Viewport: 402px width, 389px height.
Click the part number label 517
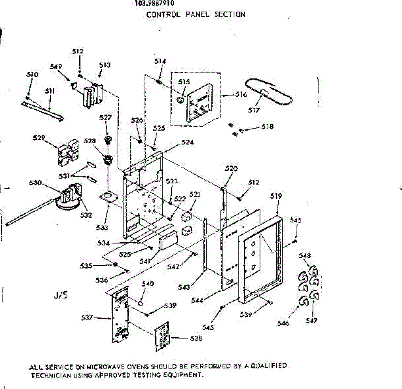point(254,110)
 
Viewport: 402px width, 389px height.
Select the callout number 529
point(39,137)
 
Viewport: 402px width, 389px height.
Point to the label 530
point(35,183)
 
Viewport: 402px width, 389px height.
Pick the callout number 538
point(196,338)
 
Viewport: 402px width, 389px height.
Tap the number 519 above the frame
point(276,196)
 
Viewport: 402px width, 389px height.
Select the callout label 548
point(305,256)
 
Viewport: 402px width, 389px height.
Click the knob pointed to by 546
point(303,301)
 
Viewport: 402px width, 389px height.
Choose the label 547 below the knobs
point(311,320)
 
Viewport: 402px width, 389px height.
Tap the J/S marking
point(61,295)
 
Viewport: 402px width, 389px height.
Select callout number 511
point(50,91)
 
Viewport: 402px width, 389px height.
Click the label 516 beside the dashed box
point(241,94)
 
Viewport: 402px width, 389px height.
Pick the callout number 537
point(87,317)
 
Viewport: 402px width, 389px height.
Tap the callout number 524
point(187,142)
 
